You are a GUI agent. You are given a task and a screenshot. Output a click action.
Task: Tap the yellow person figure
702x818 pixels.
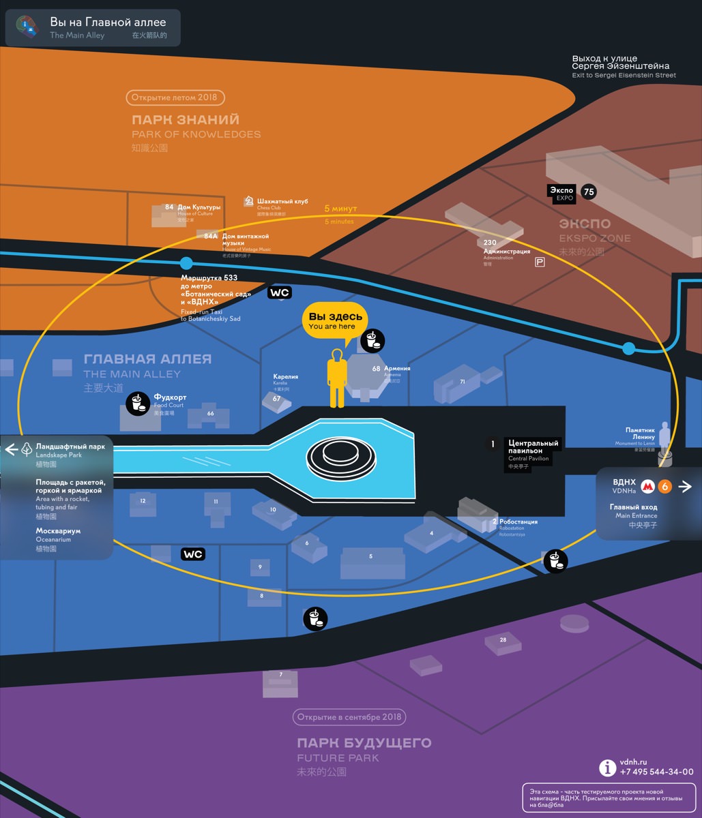pos(336,378)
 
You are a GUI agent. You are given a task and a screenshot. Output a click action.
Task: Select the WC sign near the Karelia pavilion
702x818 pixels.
pos(280,292)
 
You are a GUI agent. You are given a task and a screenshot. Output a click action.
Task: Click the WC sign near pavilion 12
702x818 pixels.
pos(193,554)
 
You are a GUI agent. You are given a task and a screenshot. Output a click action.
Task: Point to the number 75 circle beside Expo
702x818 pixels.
pos(588,192)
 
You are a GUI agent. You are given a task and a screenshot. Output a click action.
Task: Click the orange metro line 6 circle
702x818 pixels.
pos(665,486)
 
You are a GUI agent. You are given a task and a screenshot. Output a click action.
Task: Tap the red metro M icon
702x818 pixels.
pos(647,486)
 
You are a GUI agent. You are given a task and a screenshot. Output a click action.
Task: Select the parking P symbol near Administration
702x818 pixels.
pos(540,262)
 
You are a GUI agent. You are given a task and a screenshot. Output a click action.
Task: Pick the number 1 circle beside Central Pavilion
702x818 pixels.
pos(493,444)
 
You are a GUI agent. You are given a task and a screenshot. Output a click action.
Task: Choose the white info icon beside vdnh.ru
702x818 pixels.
pos(607,768)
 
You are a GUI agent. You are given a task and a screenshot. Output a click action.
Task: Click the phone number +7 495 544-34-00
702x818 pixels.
pos(656,772)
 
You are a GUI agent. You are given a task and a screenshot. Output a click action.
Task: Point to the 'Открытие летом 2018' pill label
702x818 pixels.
pos(175,97)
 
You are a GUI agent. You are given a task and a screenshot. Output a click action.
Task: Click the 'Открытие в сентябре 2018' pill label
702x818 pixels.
pos(349,717)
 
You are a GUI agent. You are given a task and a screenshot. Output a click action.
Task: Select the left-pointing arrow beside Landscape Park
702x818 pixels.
pos(11,449)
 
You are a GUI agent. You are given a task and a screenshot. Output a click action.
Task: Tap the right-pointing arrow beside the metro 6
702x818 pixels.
pos(686,486)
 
